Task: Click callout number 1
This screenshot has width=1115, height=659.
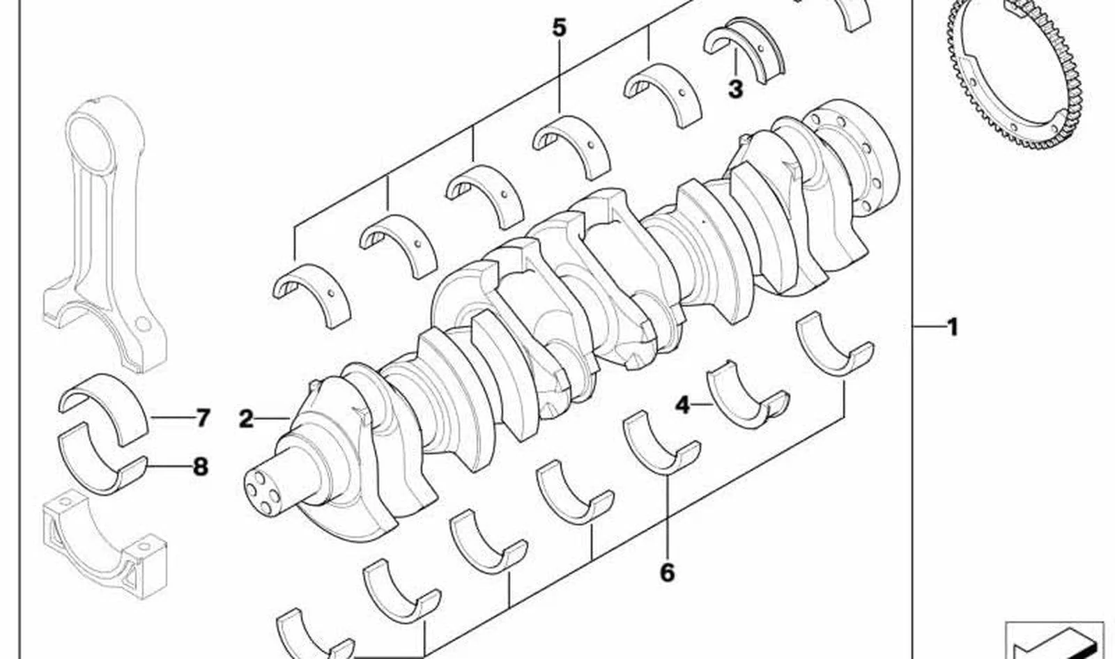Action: [x=952, y=327]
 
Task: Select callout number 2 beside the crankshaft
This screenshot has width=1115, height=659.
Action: [x=246, y=419]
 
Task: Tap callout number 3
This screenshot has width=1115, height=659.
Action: [x=735, y=89]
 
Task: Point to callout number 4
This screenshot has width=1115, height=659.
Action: [x=683, y=405]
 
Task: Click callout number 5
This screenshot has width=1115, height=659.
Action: [x=560, y=27]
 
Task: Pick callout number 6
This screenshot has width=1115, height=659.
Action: [x=667, y=573]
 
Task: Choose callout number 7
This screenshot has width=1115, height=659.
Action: [x=202, y=417]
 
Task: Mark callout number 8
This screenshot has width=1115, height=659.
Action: [x=200, y=467]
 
